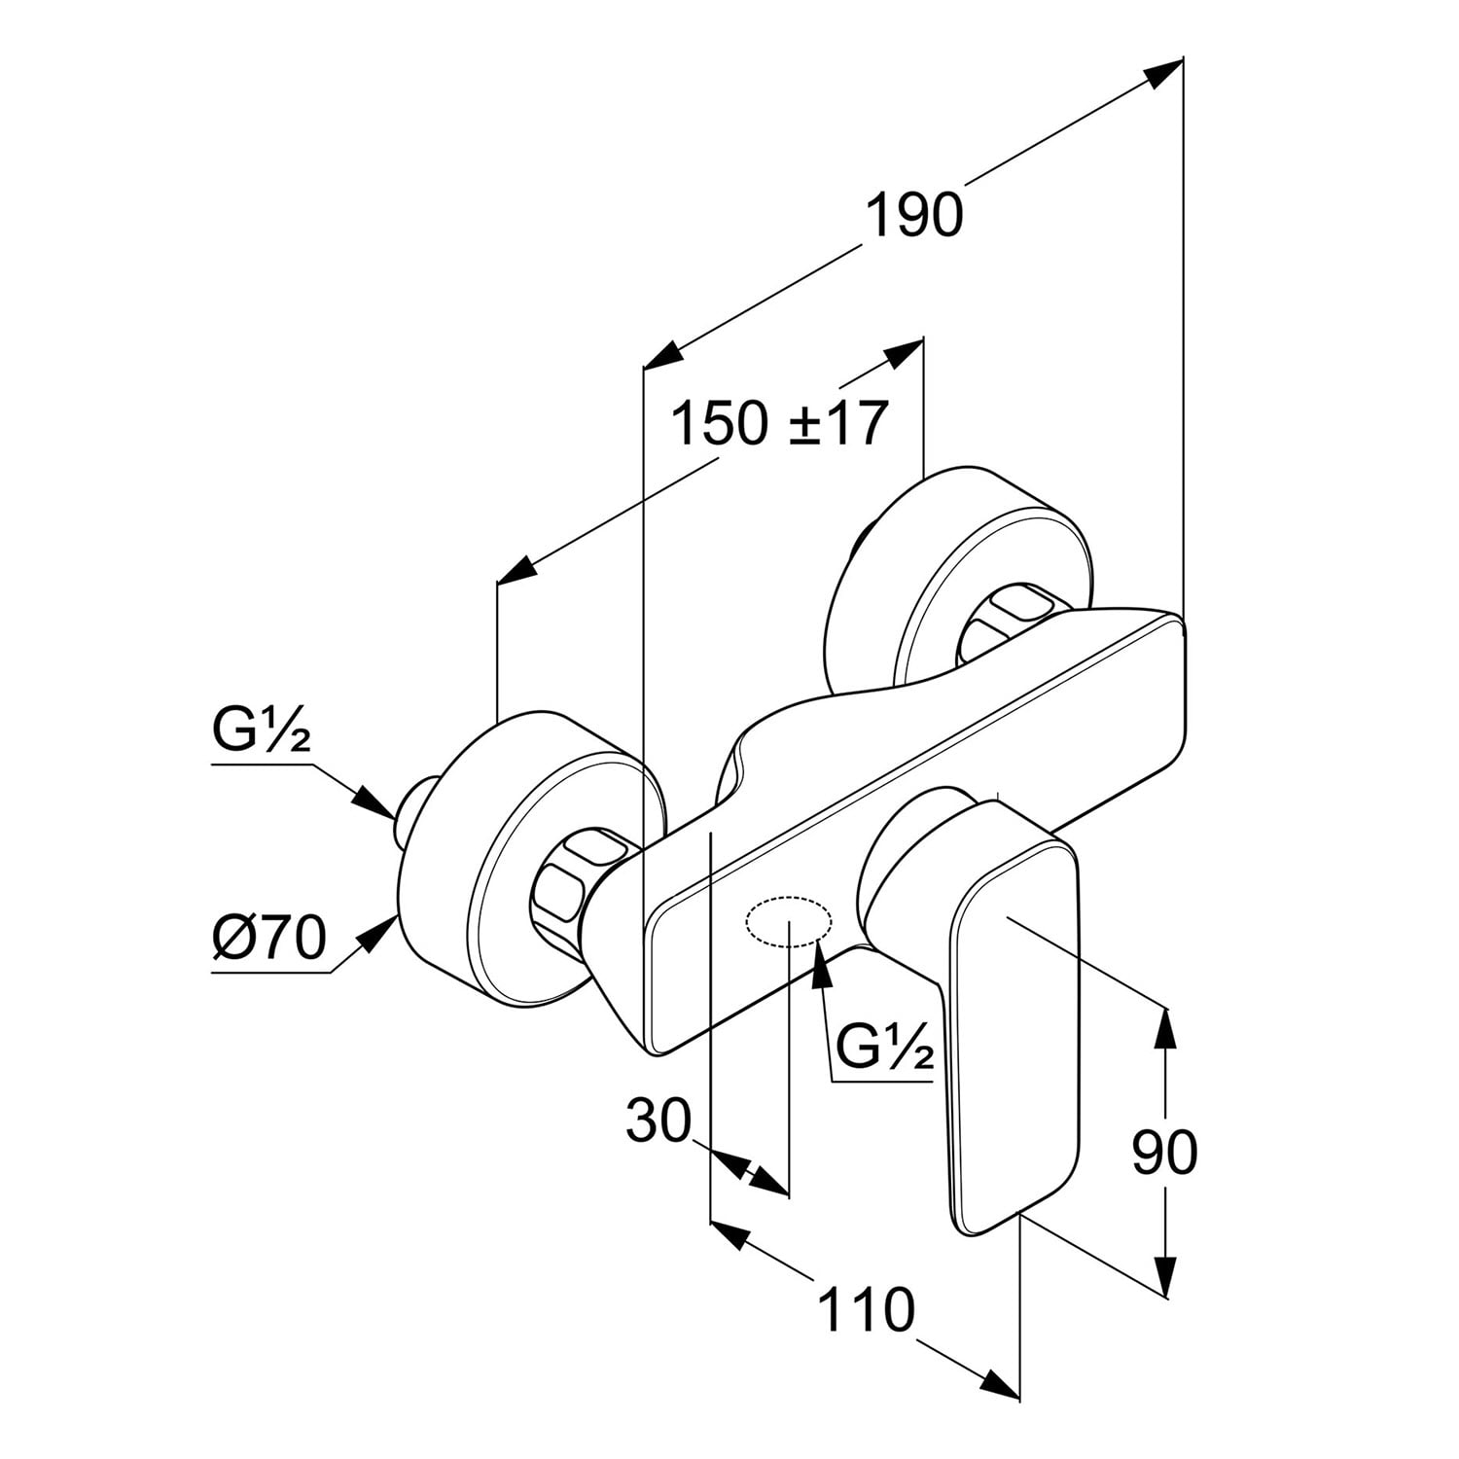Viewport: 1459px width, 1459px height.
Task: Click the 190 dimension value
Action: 913,215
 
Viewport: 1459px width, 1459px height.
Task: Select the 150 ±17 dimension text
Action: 779,424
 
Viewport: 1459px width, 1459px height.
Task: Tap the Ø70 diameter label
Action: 269,938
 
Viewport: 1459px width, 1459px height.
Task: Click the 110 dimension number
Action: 866,1308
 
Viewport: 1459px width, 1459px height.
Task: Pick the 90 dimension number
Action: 1164,1153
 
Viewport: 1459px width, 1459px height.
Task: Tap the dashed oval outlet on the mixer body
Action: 788,920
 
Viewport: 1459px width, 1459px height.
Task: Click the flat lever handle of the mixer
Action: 1016,1021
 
